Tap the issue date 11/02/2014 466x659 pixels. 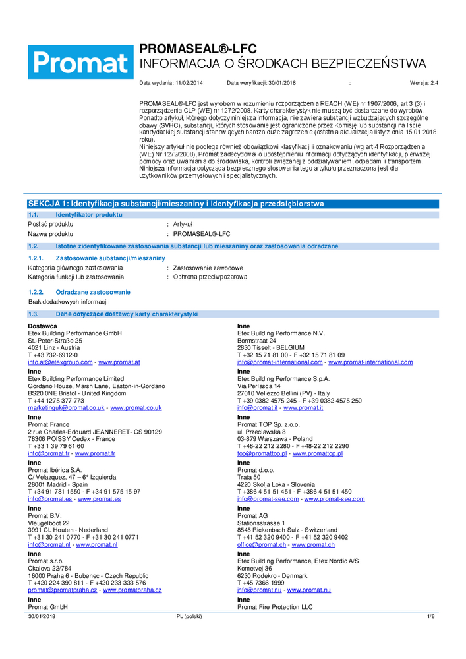(x=190, y=84)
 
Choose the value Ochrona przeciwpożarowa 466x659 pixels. (x=210, y=277)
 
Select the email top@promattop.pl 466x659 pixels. (x=262, y=453)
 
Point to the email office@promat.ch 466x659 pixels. (x=262, y=545)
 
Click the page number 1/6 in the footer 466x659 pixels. (x=431, y=616)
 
